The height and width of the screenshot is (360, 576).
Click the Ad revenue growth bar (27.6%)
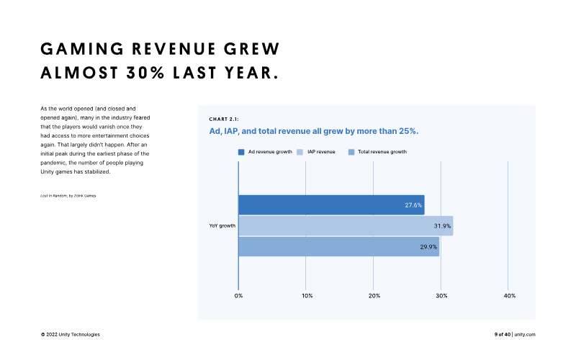click(x=331, y=205)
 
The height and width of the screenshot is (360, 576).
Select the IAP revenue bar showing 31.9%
click(x=346, y=226)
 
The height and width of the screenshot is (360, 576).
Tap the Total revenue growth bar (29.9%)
click(x=338, y=247)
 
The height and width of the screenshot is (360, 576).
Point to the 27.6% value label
click(x=413, y=205)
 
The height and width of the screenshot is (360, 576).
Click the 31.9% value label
click(x=442, y=226)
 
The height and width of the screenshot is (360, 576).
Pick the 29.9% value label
click(x=428, y=247)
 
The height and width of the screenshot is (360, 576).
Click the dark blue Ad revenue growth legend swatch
click(x=241, y=152)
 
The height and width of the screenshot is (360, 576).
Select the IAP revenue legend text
click(x=321, y=152)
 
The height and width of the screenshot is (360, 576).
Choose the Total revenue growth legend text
click(x=382, y=152)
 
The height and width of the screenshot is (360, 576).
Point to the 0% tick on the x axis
click(x=238, y=296)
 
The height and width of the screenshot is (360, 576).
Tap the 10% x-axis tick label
click(x=307, y=296)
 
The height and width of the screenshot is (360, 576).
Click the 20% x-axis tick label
click(x=374, y=296)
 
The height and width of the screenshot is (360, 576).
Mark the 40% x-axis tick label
click(x=510, y=296)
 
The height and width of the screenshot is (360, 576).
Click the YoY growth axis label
click(x=222, y=225)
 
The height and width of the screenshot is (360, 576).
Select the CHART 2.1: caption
click(x=224, y=119)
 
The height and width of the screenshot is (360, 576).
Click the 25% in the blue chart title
click(x=407, y=131)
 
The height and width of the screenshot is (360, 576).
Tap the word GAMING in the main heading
click(x=82, y=49)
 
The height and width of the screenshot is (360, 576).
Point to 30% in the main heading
click(x=145, y=73)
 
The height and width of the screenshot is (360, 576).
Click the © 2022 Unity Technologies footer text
click(x=70, y=334)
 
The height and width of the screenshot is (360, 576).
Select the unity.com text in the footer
click(x=525, y=334)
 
